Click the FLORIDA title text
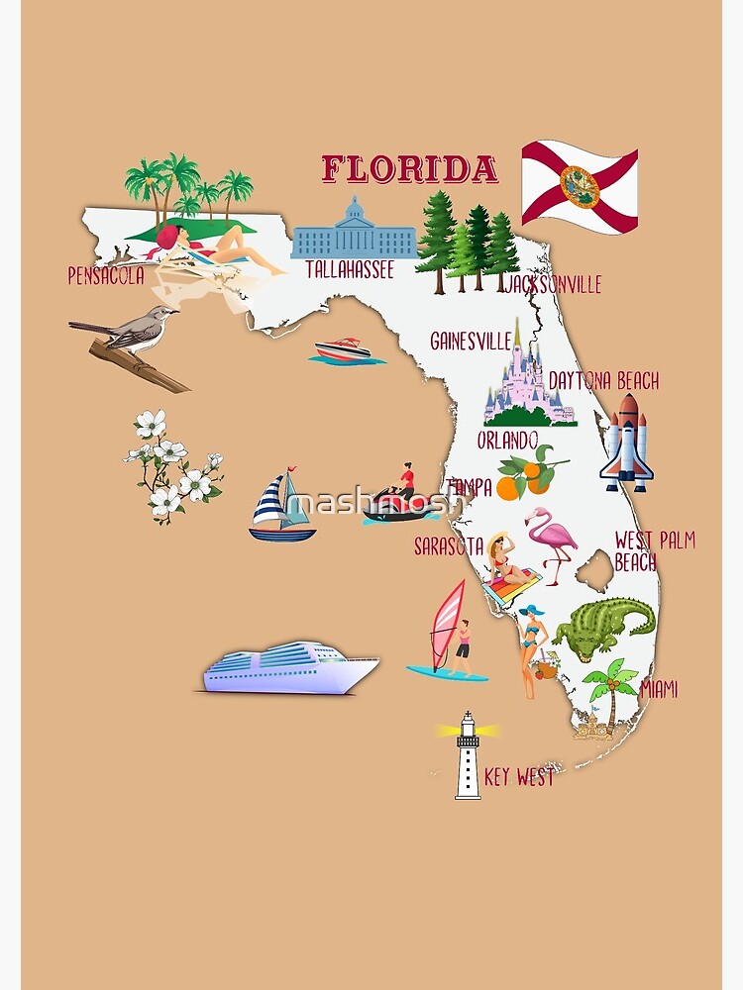point(409,169)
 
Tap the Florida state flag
point(580,186)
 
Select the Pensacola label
point(105,275)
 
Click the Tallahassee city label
point(350,269)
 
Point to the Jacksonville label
point(553,285)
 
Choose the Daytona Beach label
point(602,381)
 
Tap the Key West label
point(519,777)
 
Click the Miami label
point(659,689)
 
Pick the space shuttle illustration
point(627,443)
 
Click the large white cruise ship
point(290,667)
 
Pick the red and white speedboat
point(344,350)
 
